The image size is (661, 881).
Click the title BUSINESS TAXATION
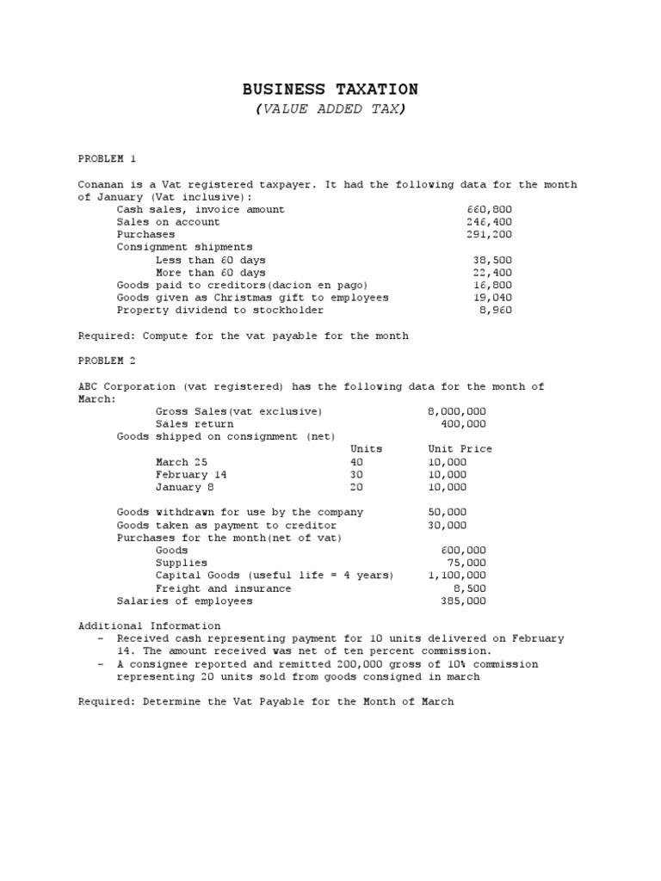[330, 89]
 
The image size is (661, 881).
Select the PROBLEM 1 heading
[108, 159]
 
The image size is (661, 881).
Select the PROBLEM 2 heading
[108, 360]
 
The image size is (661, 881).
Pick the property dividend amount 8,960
[496, 310]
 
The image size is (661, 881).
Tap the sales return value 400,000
[463, 424]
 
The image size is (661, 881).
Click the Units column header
[366, 449]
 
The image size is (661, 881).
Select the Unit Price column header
[460, 449]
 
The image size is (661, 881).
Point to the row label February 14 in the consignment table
[191, 474]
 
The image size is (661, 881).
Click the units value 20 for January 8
[356, 487]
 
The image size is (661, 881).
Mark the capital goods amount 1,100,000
[456, 576]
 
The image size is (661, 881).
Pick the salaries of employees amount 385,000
[463, 601]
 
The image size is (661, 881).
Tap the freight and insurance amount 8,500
[470, 588]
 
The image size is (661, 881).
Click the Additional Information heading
[149, 625]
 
